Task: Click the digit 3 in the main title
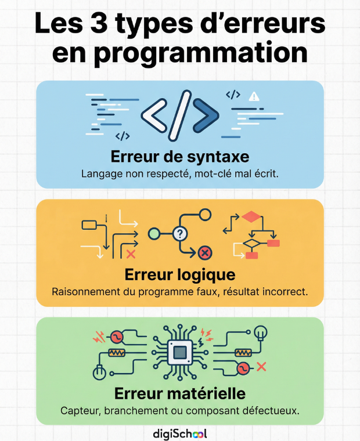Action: pyautogui.click(x=99, y=23)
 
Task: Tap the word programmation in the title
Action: pyautogui.click(x=201, y=54)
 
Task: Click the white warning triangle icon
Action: pyautogui.click(x=254, y=96)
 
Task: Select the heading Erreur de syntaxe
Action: pyautogui.click(x=180, y=157)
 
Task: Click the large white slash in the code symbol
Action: pyautogui.click(x=179, y=115)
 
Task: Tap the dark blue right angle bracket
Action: pyautogui.click(x=206, y=115)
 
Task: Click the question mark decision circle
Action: pyautogui.click(x=180, y=233)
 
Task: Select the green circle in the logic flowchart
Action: pyautogui.click(x=154, y=233)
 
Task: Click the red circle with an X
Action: pyautogui.click(x=205, y=252)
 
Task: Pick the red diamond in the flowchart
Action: pyautogui.click(x=251, y=216)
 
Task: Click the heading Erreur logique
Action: pyautogui.click(x=180, y=275)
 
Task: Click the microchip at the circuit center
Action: pyautogui.click(x=180, y=352)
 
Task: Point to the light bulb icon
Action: pyautogui.click(x=261, y=333)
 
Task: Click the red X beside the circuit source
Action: pyautogui.click(x=261, y=367)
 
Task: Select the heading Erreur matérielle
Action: pyautogui.click(x=180, y=393)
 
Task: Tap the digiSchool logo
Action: pyautogui.click(x=180, y=433)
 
